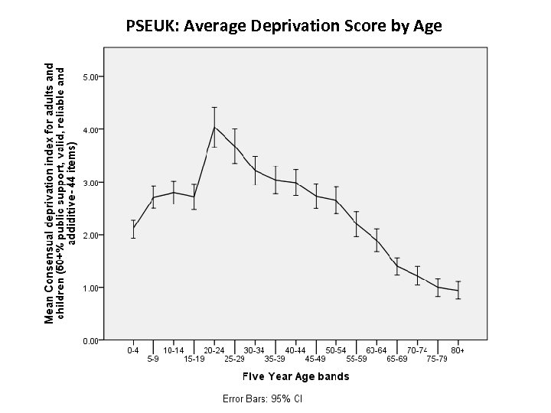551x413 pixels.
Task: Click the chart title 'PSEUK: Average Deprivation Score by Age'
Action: (284, 27)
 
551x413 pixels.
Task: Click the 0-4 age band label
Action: (133, 350)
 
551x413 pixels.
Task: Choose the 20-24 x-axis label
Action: (214, 350)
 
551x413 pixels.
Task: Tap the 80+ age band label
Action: (458, 350)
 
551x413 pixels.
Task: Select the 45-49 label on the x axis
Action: (315, 358)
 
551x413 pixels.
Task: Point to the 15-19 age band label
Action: (194, 358)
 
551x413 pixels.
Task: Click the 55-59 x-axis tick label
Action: (357, 358)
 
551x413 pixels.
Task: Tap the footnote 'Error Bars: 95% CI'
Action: (262, 398)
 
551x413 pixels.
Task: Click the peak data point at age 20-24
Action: (214, 127)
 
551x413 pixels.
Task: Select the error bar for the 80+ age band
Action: (458, 290)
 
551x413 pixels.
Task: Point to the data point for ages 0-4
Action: (133, 228)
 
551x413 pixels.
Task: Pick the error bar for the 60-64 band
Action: (377, 239)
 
